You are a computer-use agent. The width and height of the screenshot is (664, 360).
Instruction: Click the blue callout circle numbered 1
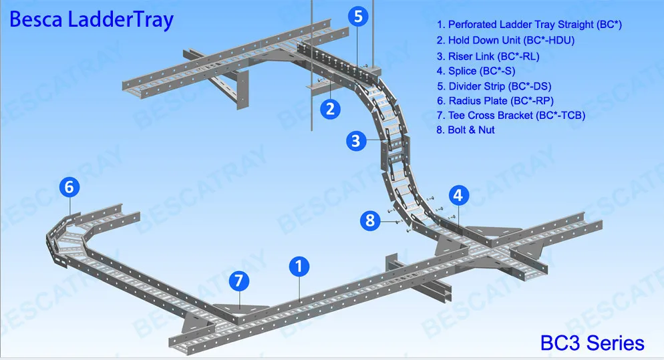point(299,267)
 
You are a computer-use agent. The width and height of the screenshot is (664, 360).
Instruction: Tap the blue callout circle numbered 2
point(330,108)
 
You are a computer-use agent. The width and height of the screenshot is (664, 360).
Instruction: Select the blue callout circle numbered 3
point(357,141)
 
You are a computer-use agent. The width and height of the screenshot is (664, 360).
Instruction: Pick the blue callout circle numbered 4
point(458,196)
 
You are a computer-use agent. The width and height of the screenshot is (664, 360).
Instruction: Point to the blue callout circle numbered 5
point(358,17)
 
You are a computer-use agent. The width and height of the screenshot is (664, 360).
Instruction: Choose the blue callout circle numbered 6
point(69,188)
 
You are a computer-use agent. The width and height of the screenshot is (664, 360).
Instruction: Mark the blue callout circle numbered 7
point(238,281)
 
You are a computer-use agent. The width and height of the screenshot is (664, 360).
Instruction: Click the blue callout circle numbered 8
point(371,220)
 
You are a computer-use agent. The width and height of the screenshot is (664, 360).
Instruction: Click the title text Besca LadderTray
point(91,19)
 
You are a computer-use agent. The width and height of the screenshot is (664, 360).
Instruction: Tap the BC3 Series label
point(592,343)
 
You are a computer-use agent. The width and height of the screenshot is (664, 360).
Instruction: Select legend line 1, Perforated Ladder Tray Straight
point(529,25)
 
